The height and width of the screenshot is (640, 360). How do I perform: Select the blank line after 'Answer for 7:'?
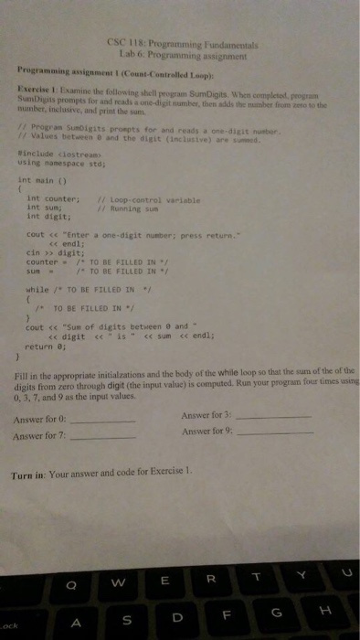[x=103, y=438]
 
